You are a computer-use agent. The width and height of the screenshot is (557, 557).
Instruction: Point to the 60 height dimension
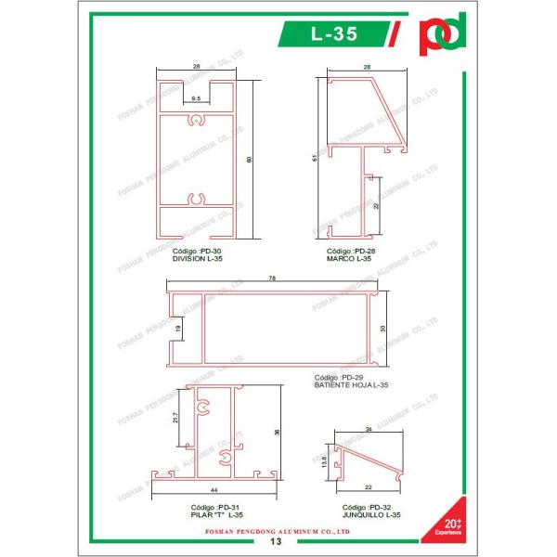(248, 160)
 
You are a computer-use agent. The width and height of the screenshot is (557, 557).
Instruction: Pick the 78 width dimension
(272, 278)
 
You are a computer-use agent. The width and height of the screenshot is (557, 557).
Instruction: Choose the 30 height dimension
(382, 328)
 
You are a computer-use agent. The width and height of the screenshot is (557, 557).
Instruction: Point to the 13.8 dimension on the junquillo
(323, 460)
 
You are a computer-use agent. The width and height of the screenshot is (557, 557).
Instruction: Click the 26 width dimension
(369, 429)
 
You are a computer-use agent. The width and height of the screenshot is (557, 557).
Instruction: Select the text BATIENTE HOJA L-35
(351, 384)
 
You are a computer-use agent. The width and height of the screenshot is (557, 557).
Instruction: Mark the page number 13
(276, 540)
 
